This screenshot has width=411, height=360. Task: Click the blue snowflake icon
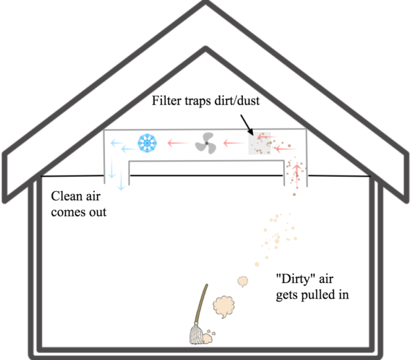coord(145,142)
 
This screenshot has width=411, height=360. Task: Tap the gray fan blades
coord(205,142)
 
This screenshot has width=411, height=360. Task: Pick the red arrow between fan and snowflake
coord(175,142)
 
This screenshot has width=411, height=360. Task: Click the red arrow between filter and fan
coord(233,142)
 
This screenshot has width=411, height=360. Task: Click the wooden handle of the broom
coord(202,307)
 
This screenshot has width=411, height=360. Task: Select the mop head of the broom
coord(196,337)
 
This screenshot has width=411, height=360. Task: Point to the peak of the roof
coord(205,5)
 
